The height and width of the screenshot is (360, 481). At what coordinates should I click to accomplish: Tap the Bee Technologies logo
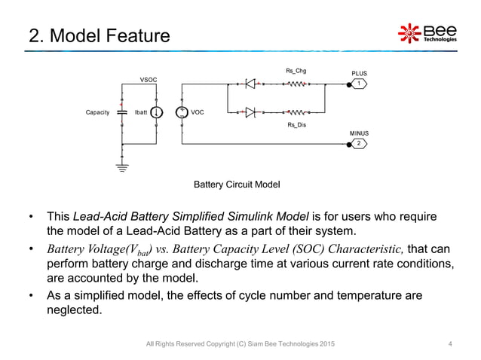(427, 34)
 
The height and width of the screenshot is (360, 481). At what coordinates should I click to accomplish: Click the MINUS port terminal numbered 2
(359, 143)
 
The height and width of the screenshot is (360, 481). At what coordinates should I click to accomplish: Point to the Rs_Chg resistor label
(296, 72)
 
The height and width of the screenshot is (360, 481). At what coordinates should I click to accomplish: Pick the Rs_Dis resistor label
(296, 126)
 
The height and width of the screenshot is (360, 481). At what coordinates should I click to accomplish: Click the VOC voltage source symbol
(182, 113)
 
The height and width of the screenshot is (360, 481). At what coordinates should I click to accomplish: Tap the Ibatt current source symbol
(155, 113)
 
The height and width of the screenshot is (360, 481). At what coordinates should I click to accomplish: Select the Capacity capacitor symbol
(122, 113)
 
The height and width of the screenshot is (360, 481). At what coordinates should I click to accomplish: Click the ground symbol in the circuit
(122, 167)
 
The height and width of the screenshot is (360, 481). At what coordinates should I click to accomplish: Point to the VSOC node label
(149, 79)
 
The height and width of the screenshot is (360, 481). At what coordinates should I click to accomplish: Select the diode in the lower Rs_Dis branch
(250, 113)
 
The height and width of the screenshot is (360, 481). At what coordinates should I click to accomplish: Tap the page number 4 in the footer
(450, 344)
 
